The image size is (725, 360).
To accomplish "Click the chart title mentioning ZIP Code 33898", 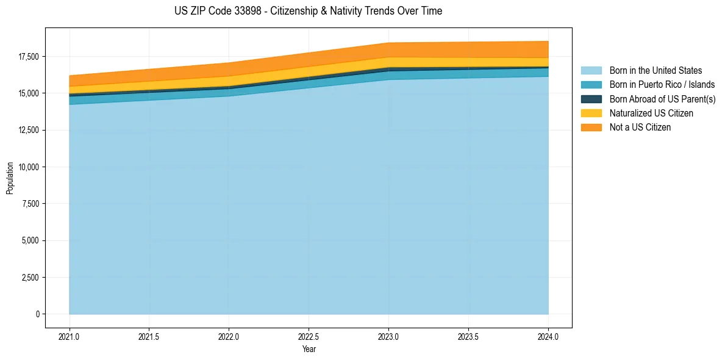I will [x=308, y=11].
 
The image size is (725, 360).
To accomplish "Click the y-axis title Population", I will [x=10, y=178].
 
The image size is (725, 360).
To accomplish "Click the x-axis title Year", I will [x=309, y=349].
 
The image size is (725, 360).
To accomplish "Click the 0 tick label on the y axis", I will [x=37, y=314].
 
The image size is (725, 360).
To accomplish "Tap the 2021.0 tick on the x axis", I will [x=69, y=336].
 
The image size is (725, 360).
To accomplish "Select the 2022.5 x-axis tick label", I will [x=309, y=336].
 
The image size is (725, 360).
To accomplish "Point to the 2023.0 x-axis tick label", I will [x=388, y=336].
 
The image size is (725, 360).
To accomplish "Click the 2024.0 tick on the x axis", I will [x=548, y=336].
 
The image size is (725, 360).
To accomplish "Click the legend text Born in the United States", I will [x=655, y=71].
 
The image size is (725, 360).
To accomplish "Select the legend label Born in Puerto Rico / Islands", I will [x=662, y=85].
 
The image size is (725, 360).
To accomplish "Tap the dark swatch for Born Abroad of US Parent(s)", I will [x=591, y=99].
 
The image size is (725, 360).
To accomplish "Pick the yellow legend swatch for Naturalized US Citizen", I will [x=591, y=113].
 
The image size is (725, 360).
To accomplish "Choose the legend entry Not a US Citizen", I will [x=640, y=128].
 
